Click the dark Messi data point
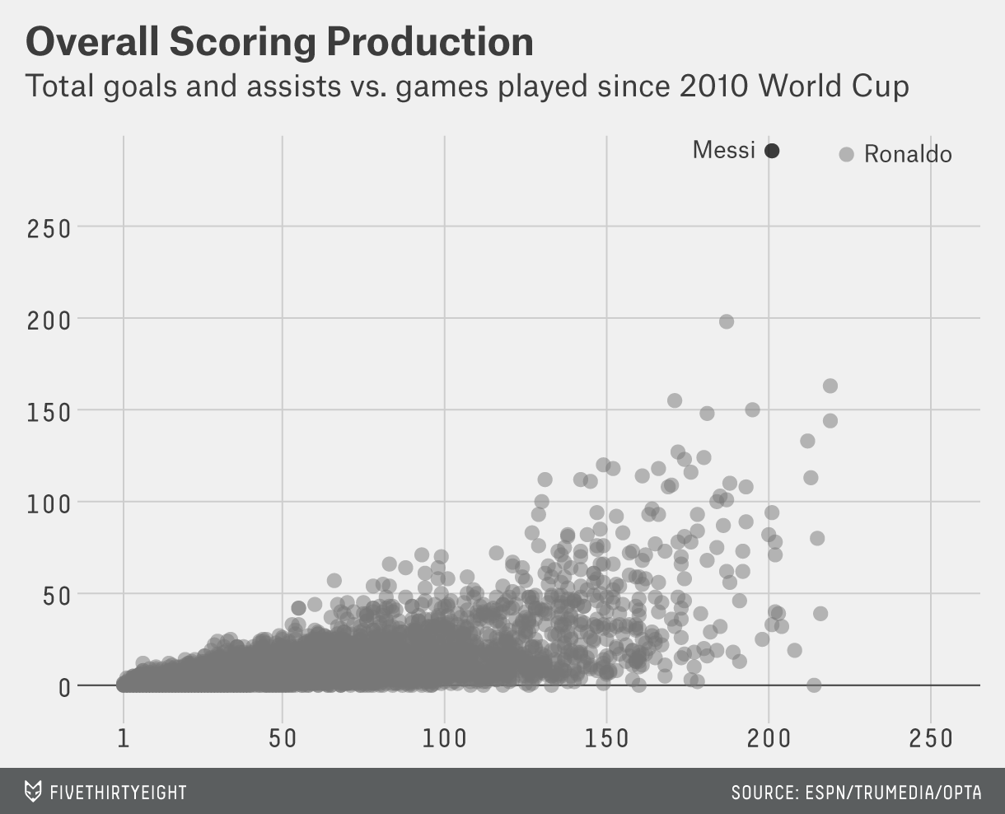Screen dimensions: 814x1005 tap(772, 151)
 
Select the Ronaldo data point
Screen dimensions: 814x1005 tap(846, 154)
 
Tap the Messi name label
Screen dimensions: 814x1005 tap(723, 150)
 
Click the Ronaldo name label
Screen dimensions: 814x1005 tap(908, 154)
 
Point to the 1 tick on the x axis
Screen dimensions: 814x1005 tap(124, 737)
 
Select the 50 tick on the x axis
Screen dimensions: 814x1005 tap(283, 737)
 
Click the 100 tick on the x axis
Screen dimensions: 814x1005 tap(444, 737)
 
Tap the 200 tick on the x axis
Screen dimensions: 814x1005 tap(769, 737)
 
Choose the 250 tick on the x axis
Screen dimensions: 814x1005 tap(931, 737)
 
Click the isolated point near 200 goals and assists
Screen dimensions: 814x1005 tap(726, 321)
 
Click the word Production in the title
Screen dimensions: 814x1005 tap(418, 42)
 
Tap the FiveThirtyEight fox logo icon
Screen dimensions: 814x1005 tap(32, 792)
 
